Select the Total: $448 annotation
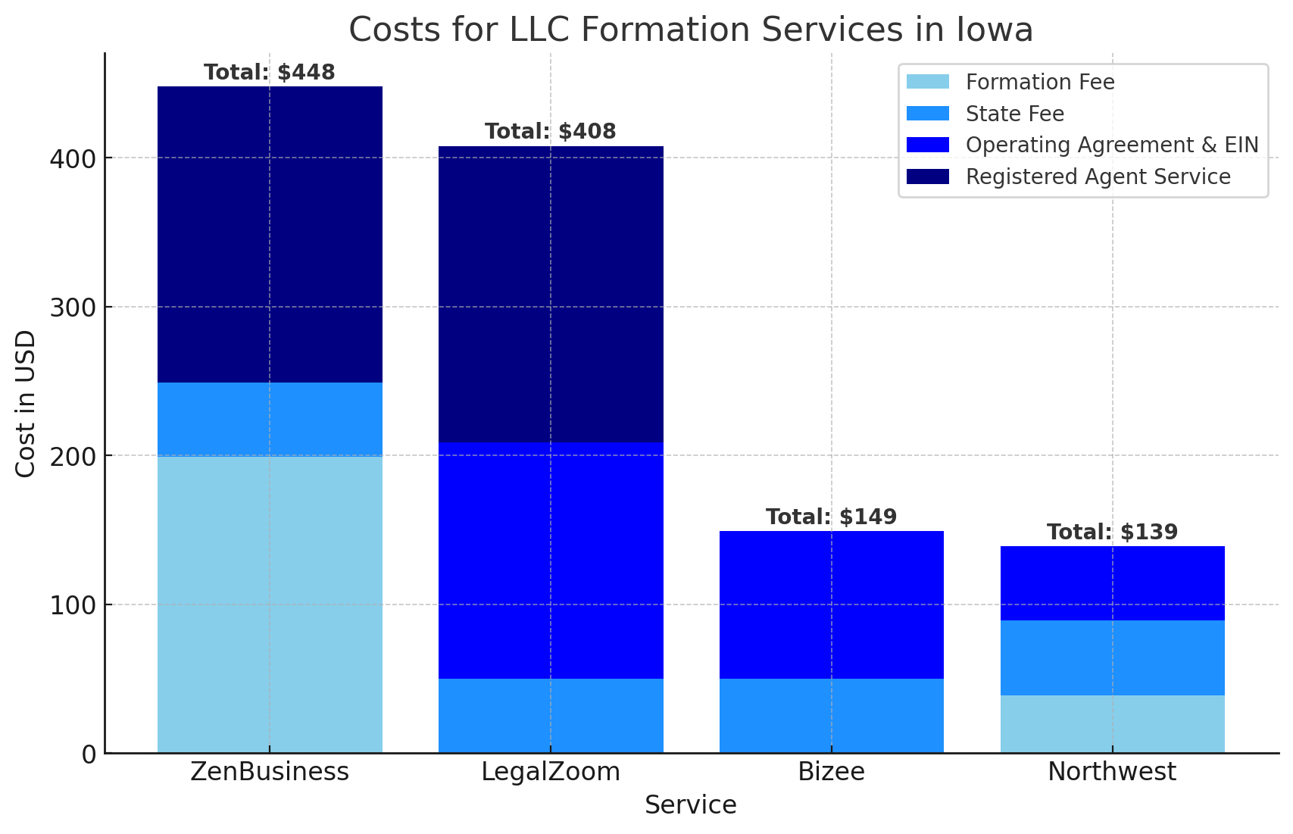click(x=270, y=73)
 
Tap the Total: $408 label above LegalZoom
click(x=551, y=132)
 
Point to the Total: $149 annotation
click(x=831, y=517)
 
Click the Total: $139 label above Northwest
click(x=1112, y=533)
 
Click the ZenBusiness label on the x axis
click(x=270, y=772)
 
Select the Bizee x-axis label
click(x=831, y=772)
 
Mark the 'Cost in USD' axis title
click(x=26, y=404)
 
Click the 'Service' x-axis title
click(x=690, y=805)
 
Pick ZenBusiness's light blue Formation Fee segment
click(x=270, y=604)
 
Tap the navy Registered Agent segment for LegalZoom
click(x=551, y=295)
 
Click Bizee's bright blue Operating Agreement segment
click(x=831, y=605)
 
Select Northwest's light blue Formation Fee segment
click(x=1112, y=724)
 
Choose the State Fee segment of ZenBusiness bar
click(x=270, y=419)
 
